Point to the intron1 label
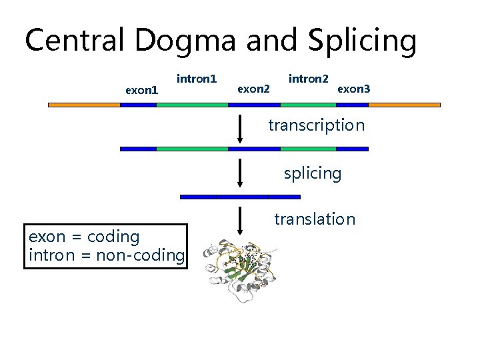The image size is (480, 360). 197,79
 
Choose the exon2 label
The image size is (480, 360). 254,88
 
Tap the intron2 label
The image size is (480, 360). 308,79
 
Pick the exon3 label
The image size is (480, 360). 353,88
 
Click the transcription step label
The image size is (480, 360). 316,125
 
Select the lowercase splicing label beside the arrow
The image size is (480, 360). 312,173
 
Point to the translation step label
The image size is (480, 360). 315,219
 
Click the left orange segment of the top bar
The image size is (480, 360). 84,105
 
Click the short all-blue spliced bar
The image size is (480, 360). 240,197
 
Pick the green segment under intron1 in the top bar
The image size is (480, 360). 193,105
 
